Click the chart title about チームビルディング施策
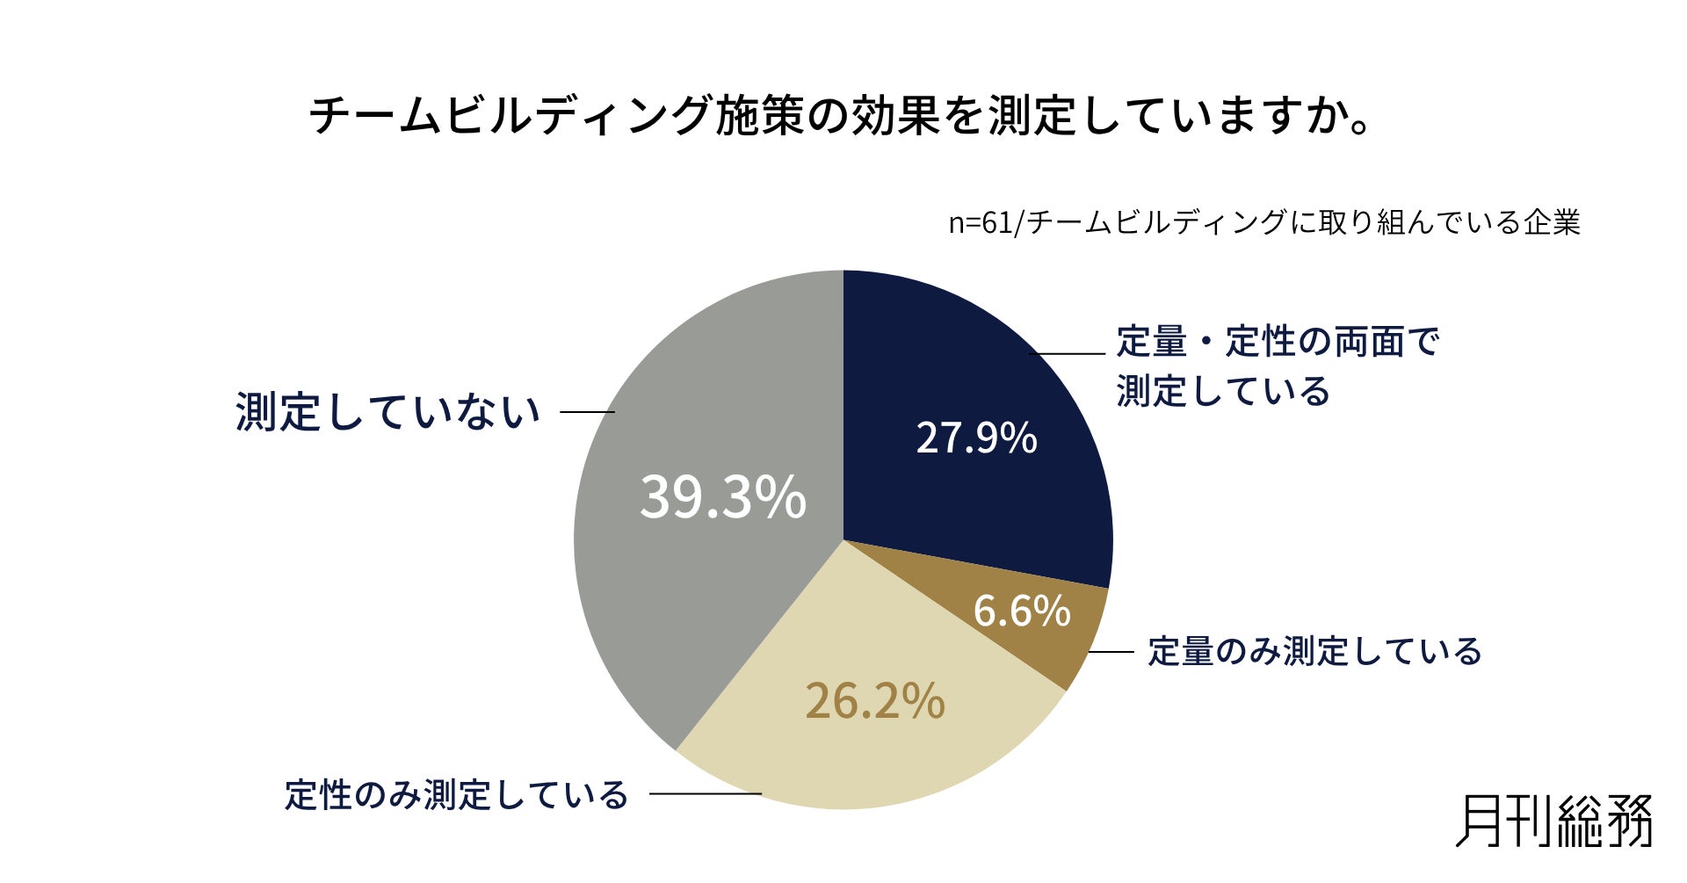pyautogui.click(x=841, y=115)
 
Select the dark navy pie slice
pyautogui.click(x=967, y=422)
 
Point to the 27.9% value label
pyautogui.click(x=976, y=438)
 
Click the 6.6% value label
pyautogui.click(x=1022, y=611)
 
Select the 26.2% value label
pyautogui.click(x=875, y=701)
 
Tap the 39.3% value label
pyautogui.click(x=722, y=497)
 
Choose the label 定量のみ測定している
pyautogui.click(x=1315, y=652)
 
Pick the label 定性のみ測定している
pyautogui.click(x=456, y=794)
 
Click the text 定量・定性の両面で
pyautogui.click(x=1278, y=342)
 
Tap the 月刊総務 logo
pyautogui.click(x=1554, y=821)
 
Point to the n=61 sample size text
pyautogui.click(x=1264, y=222)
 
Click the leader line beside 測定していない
pyautogui.click(x=587, y=412)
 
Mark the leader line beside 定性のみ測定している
pyautogui.click(x=706, y=794)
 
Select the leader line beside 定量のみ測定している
pyautogui.click(x=1111, y=652)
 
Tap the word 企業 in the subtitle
pyautogui.click(x=1553, y=222)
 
